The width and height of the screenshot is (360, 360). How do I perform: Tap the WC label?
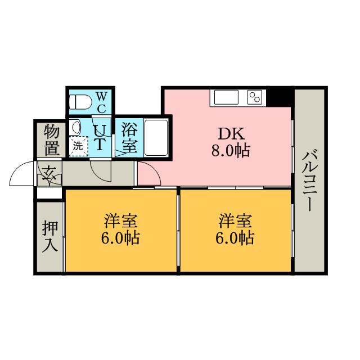click(101, 102)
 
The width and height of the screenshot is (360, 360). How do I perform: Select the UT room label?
click(99, 138)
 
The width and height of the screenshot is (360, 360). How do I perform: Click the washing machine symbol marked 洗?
click(78, 145)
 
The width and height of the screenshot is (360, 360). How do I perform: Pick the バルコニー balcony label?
click(309, 180)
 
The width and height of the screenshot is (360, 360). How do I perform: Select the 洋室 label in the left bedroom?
click(120, 220)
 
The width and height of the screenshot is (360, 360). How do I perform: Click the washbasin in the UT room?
click(78, 127)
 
